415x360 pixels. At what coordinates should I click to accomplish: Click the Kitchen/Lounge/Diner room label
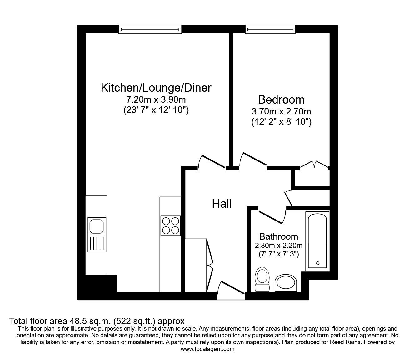tap(156, 88)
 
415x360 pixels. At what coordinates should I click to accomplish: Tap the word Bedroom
tap(281, 99)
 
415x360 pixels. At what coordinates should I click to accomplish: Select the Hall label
tap(222, 204)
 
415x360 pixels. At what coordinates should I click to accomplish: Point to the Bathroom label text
tap(279, 236)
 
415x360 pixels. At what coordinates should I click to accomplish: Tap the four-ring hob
tap(170, 226)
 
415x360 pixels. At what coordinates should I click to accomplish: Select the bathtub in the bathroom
tap(317, 241)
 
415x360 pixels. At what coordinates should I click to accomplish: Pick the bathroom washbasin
tap(286, 283)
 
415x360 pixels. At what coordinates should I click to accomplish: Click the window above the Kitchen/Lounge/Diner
tap(150, 29)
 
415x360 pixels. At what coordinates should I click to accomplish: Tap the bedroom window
tap(270, 29)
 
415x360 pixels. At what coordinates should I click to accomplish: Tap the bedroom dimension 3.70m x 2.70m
tap(281, 111)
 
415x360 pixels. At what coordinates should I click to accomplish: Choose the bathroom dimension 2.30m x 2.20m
tap(279, 246)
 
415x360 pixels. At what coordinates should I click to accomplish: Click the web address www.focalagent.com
tap(207, 349)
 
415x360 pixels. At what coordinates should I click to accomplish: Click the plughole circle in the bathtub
tap(318, 263)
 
